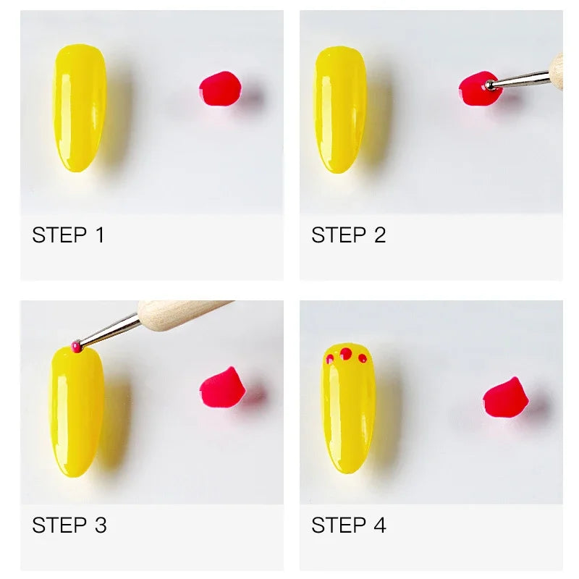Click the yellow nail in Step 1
[x=79, y=109]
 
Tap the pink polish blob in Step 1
[x=220, y=90]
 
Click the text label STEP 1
[x=68, y=235]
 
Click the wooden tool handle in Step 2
[x=557, y=67]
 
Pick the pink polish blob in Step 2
[x=476, y=89]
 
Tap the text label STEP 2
[x=348, y=235]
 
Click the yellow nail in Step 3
[x=77, y=413]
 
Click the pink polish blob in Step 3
[x=222, y=388]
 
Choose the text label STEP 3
[x=69, y=525]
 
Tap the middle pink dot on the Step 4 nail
[x=346, y=353]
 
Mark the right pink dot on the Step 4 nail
[x=363, y=358]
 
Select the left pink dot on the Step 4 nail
[x=330, y=358]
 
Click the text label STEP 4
[x=348, y=525]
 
